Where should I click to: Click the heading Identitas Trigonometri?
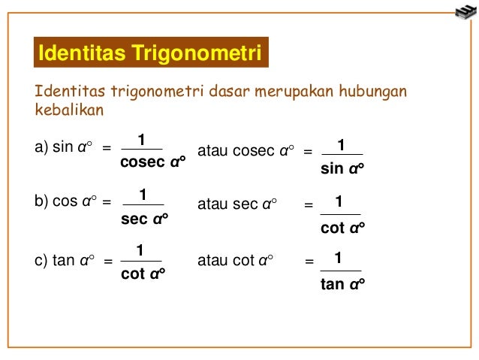click(150, 54)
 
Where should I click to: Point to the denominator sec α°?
click(144, 220)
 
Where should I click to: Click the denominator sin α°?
click(342, 168)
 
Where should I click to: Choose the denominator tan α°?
click(342, 284)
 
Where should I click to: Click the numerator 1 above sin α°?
click(341, 144)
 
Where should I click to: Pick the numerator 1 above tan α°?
click(339, 259)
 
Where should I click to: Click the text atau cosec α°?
click(244, 150)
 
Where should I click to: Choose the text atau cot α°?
click(234, 262)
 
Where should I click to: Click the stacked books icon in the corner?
click(465, 11)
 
